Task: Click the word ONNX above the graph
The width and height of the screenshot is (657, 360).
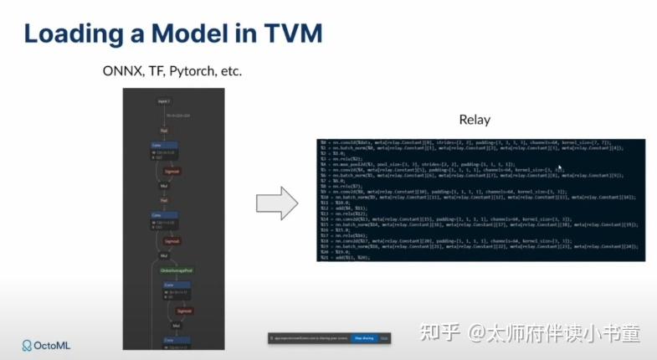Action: [119, 71]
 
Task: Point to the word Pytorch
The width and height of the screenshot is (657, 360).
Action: [192, 71]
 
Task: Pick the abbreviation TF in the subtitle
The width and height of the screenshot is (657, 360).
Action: [156, 71]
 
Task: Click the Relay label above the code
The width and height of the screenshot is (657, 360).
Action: [475, 120]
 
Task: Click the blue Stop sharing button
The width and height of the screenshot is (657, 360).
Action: [363, 338]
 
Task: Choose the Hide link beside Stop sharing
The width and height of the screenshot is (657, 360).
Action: [384, 338]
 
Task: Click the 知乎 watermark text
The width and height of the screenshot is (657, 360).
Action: [439, 334]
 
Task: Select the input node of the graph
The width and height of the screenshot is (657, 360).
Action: [164, 100]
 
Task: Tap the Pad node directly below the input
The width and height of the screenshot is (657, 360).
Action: [165, 130]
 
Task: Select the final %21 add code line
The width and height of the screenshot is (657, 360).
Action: [351, 258]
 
